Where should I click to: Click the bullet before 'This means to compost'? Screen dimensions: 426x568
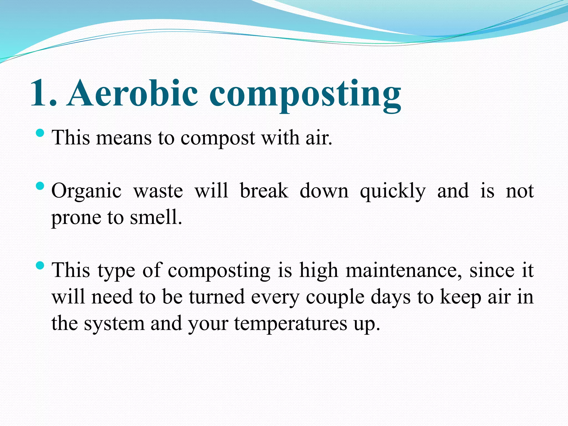40,133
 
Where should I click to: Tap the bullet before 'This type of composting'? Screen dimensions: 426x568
40,266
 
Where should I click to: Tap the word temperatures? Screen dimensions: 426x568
291,323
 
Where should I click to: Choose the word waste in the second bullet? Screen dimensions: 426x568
158,191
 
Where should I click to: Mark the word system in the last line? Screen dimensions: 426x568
114,324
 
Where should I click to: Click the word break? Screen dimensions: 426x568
264,191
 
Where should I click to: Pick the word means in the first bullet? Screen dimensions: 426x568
124,138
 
